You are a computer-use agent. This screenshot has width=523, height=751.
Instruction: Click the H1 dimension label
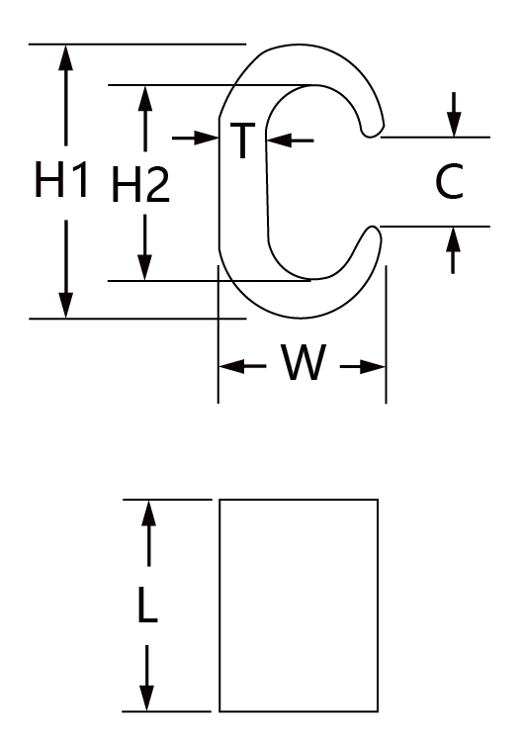click(61, 180)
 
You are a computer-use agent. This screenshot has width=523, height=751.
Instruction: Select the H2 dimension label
click(140, 184)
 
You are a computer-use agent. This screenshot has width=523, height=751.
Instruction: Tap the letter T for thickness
click(242, 140)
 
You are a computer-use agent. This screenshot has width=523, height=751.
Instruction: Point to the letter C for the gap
click(450, 181)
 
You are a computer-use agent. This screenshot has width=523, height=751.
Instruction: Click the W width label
click(304, 361)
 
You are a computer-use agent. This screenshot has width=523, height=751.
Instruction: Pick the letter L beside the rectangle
click(147, 606)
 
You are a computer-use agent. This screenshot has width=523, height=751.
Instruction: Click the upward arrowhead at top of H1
click(66, 57)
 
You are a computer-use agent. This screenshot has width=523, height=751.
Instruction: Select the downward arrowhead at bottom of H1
click(66, 305)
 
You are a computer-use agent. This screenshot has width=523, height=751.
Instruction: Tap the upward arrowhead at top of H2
click(145, 99)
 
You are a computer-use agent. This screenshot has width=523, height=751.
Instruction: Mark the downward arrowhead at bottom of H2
click(144, 267)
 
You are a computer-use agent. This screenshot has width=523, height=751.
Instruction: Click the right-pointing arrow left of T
click(195, 139)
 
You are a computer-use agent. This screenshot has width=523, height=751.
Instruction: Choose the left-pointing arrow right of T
click(290, 141)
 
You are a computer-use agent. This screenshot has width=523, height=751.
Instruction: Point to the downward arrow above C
click(454, 115)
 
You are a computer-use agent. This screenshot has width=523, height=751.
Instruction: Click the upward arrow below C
click(453, 250)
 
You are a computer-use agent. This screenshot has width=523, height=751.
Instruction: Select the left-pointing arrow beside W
click(242, 366)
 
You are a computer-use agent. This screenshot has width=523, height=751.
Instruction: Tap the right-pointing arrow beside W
click(363, 367)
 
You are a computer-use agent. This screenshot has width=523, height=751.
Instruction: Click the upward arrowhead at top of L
click(149, 514)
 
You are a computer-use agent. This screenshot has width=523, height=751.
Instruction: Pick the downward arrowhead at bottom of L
click(147, 698)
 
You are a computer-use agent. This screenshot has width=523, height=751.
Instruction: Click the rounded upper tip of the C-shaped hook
click(373, 131)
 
